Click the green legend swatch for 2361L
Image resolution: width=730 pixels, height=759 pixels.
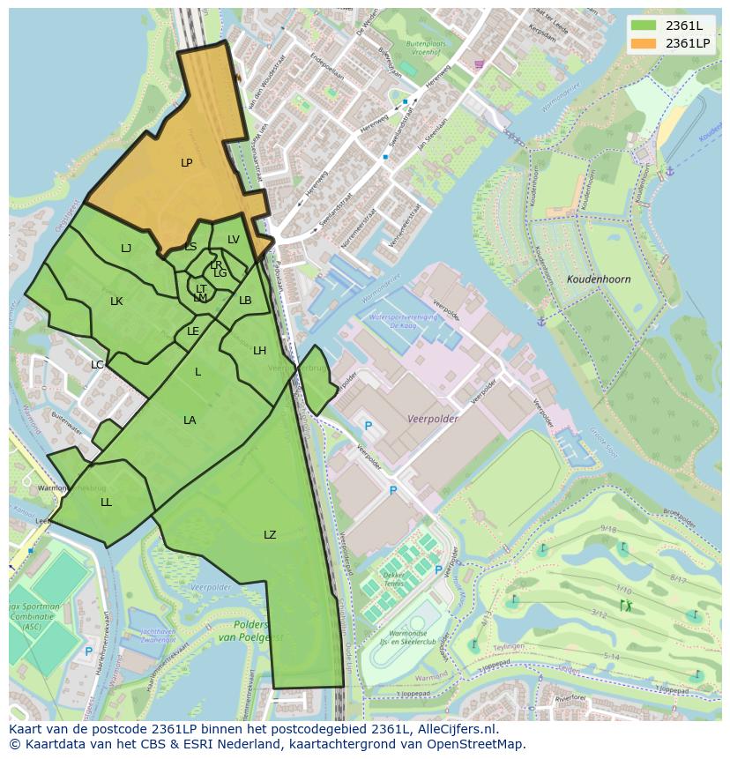[644, 26]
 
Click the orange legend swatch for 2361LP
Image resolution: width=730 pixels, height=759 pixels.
[644, 43]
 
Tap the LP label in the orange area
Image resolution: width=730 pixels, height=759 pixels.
[187, 163]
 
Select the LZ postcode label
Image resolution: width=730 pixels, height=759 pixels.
[270, 535]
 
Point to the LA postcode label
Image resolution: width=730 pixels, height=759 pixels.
[190, 420]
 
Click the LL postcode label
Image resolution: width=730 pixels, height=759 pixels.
[106, 502]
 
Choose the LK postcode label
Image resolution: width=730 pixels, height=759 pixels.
[116, 301]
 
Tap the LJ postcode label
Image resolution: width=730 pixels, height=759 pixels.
[126, 249]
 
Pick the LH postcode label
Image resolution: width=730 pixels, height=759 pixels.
[259, 351]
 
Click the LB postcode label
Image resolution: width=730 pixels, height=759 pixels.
[245, 301]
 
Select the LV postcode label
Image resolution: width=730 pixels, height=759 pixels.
[234, 240]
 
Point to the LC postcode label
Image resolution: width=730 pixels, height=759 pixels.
[97, 365]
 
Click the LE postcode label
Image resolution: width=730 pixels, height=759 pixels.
[193, 331]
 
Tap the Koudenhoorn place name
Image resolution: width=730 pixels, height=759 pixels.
[599, 279]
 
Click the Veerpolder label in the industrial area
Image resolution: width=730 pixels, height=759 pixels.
[432, 420]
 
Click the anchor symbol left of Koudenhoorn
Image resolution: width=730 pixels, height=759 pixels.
[541, 321]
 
